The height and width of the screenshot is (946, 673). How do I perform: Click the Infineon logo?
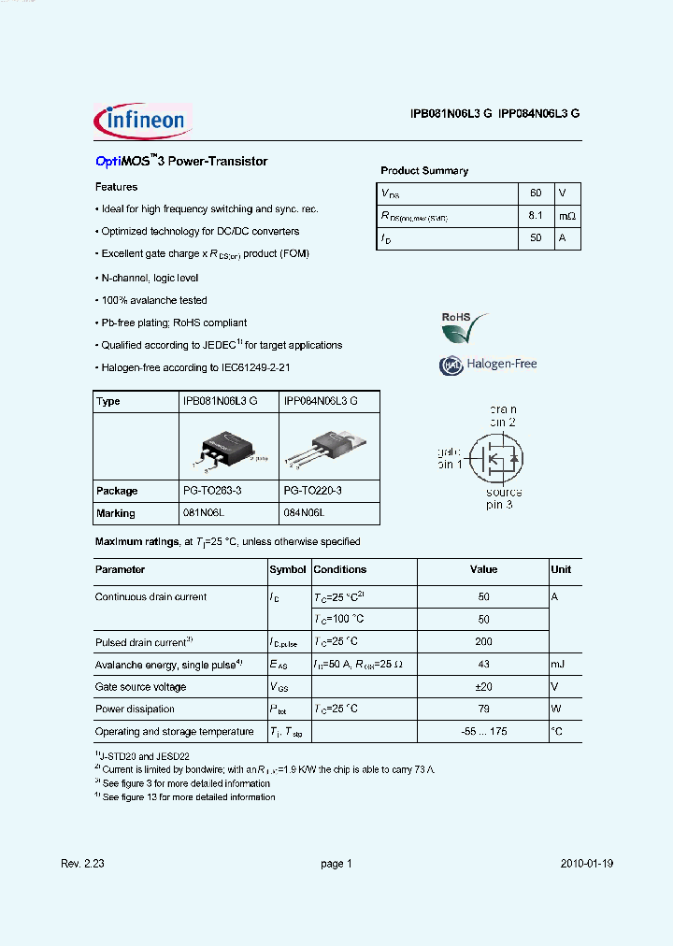[142, 122]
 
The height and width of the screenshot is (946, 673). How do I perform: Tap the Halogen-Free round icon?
[451, 365]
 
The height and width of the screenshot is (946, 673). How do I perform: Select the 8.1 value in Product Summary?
[536, 216]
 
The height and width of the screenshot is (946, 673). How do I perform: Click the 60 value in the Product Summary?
[536, 193]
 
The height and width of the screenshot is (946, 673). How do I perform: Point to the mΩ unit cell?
[567, 216]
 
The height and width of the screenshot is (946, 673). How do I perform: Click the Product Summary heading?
[424, 171]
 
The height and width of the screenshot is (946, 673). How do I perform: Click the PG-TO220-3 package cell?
[313, 491]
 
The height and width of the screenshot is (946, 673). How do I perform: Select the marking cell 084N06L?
[304, 513]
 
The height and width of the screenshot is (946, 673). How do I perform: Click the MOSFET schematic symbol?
[492, 457]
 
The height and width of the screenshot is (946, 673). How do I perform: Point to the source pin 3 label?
[503, 498]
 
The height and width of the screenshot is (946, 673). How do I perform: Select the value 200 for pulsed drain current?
[483, 642]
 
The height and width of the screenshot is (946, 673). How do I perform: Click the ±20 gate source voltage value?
[483, 687]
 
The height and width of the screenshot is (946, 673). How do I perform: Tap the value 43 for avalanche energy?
[483, 665]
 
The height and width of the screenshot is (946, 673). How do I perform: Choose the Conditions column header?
[340, 569]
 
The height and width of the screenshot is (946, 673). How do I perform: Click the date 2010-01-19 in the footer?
[587, 865]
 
